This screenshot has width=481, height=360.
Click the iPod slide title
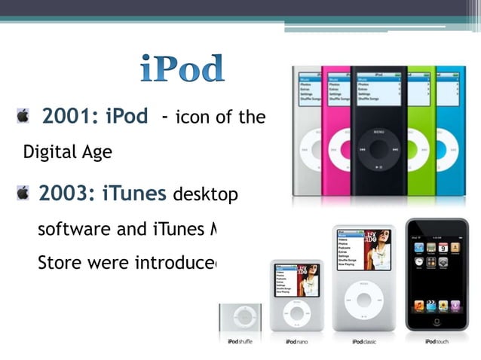pyautogui.click(x=182, y=69)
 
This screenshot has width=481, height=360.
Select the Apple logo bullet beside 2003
pyautogui.click(x=23, y=194)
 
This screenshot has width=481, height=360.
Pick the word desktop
pyautogui.click(x=206, y=195)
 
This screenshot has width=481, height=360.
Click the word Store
pyautogui.click(x=57, y=265)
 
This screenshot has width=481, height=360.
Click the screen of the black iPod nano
pyautogui.click(x=378, y=89)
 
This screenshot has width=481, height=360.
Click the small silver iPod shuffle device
pyautogui.click(x=240, y=317)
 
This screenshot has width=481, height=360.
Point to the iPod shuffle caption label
pyautogui.click(x=240, y=342)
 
